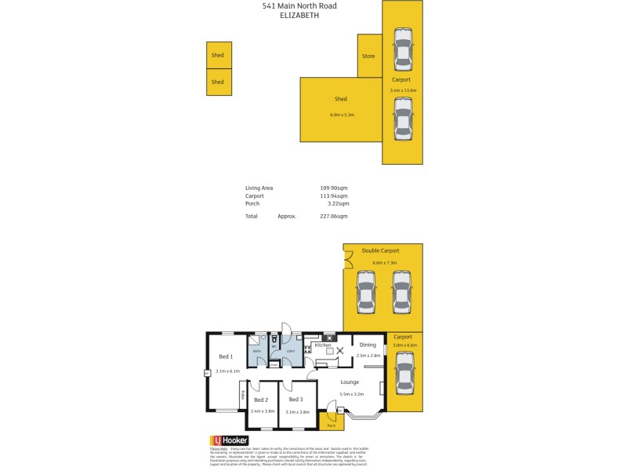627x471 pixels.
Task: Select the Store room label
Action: [x=368, y=56]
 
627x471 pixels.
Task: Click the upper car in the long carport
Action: [x=403, y=49]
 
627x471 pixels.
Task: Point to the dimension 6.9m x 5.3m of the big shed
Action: [x=342, y=115]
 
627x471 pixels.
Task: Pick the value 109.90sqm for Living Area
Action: [x=334, y=188]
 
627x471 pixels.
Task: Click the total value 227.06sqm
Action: [x=334, y=216]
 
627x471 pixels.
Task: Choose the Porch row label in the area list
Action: [x=252, y=203]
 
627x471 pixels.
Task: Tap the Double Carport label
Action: [x=379, y=251]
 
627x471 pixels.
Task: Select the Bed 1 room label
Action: [x=225, y=357]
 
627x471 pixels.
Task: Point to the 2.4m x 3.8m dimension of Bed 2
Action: [x=263, y=411]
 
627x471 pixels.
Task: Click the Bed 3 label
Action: [x=295, y=400]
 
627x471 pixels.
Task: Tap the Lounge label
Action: [x=350, y=382]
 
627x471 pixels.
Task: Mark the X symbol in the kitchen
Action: [x=339, y=351]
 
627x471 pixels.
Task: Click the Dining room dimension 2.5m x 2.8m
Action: [x=368, y=356]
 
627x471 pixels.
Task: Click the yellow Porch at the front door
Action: [x=331, y=422]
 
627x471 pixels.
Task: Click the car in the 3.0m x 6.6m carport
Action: [x=404, y=372]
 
